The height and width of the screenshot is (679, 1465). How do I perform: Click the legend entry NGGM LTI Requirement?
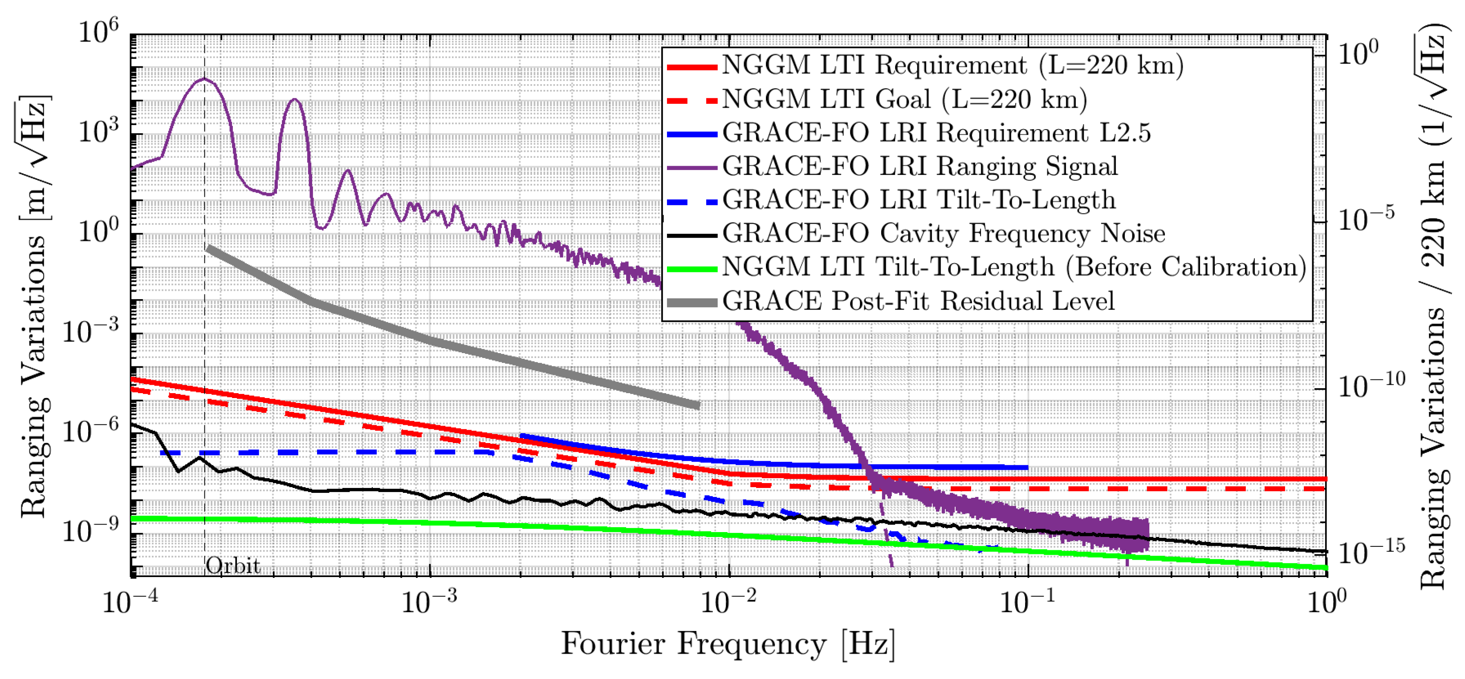(952, 65)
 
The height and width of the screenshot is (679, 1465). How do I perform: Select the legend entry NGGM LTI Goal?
(904, 100)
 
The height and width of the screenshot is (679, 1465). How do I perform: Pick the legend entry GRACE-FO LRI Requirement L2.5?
(936, 133)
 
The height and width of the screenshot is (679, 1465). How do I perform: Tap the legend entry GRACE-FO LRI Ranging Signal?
(920, 167)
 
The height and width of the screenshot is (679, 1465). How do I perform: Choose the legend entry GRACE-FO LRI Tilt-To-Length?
(919, 200)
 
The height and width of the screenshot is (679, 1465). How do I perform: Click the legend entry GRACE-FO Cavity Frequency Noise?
(944, 234)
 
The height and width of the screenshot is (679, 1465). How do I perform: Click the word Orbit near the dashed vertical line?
(232, 566)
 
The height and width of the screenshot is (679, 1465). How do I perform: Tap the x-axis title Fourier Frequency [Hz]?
(728, 644)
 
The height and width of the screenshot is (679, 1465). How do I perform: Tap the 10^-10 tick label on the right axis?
(1371, 387)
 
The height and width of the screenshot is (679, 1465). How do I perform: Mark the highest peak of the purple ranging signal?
(205, 79)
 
